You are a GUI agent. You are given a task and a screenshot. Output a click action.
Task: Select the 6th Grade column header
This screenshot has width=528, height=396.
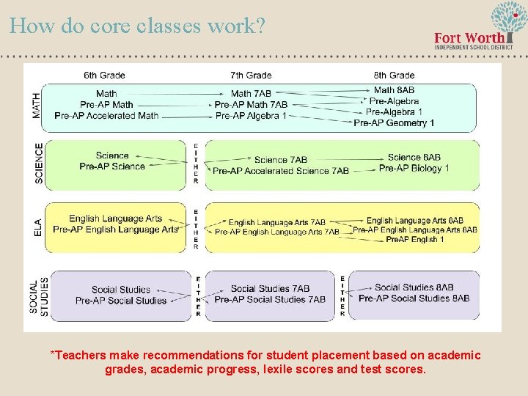[x=104, y=75]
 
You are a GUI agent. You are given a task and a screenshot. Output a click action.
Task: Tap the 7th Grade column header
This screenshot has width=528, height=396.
[x=251, y=75]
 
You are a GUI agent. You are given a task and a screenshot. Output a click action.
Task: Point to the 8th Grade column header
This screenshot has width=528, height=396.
[x=394, y=75]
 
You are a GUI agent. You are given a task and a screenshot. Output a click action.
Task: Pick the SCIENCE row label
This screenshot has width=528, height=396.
[x=39, y=164]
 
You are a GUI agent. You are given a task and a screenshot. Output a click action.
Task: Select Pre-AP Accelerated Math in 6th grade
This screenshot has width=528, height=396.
[x=106, y=115]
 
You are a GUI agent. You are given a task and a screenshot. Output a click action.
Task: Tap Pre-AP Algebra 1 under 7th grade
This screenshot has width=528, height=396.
[x=251, y=116]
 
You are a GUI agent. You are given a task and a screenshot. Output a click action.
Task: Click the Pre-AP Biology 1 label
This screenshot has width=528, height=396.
[x=414, y=169]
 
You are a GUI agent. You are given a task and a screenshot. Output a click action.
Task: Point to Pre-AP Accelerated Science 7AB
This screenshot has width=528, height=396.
[x=280, y=171]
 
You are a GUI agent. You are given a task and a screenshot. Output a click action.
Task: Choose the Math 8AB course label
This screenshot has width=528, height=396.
[x=394, y=90]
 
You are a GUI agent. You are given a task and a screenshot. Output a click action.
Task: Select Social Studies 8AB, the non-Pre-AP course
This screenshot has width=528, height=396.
[x=414, y=287]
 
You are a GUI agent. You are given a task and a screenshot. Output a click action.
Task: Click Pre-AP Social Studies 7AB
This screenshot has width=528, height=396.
[x=270, y=299]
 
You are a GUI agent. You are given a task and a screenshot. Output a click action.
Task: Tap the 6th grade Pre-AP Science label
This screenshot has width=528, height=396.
[x=112, y=166]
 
